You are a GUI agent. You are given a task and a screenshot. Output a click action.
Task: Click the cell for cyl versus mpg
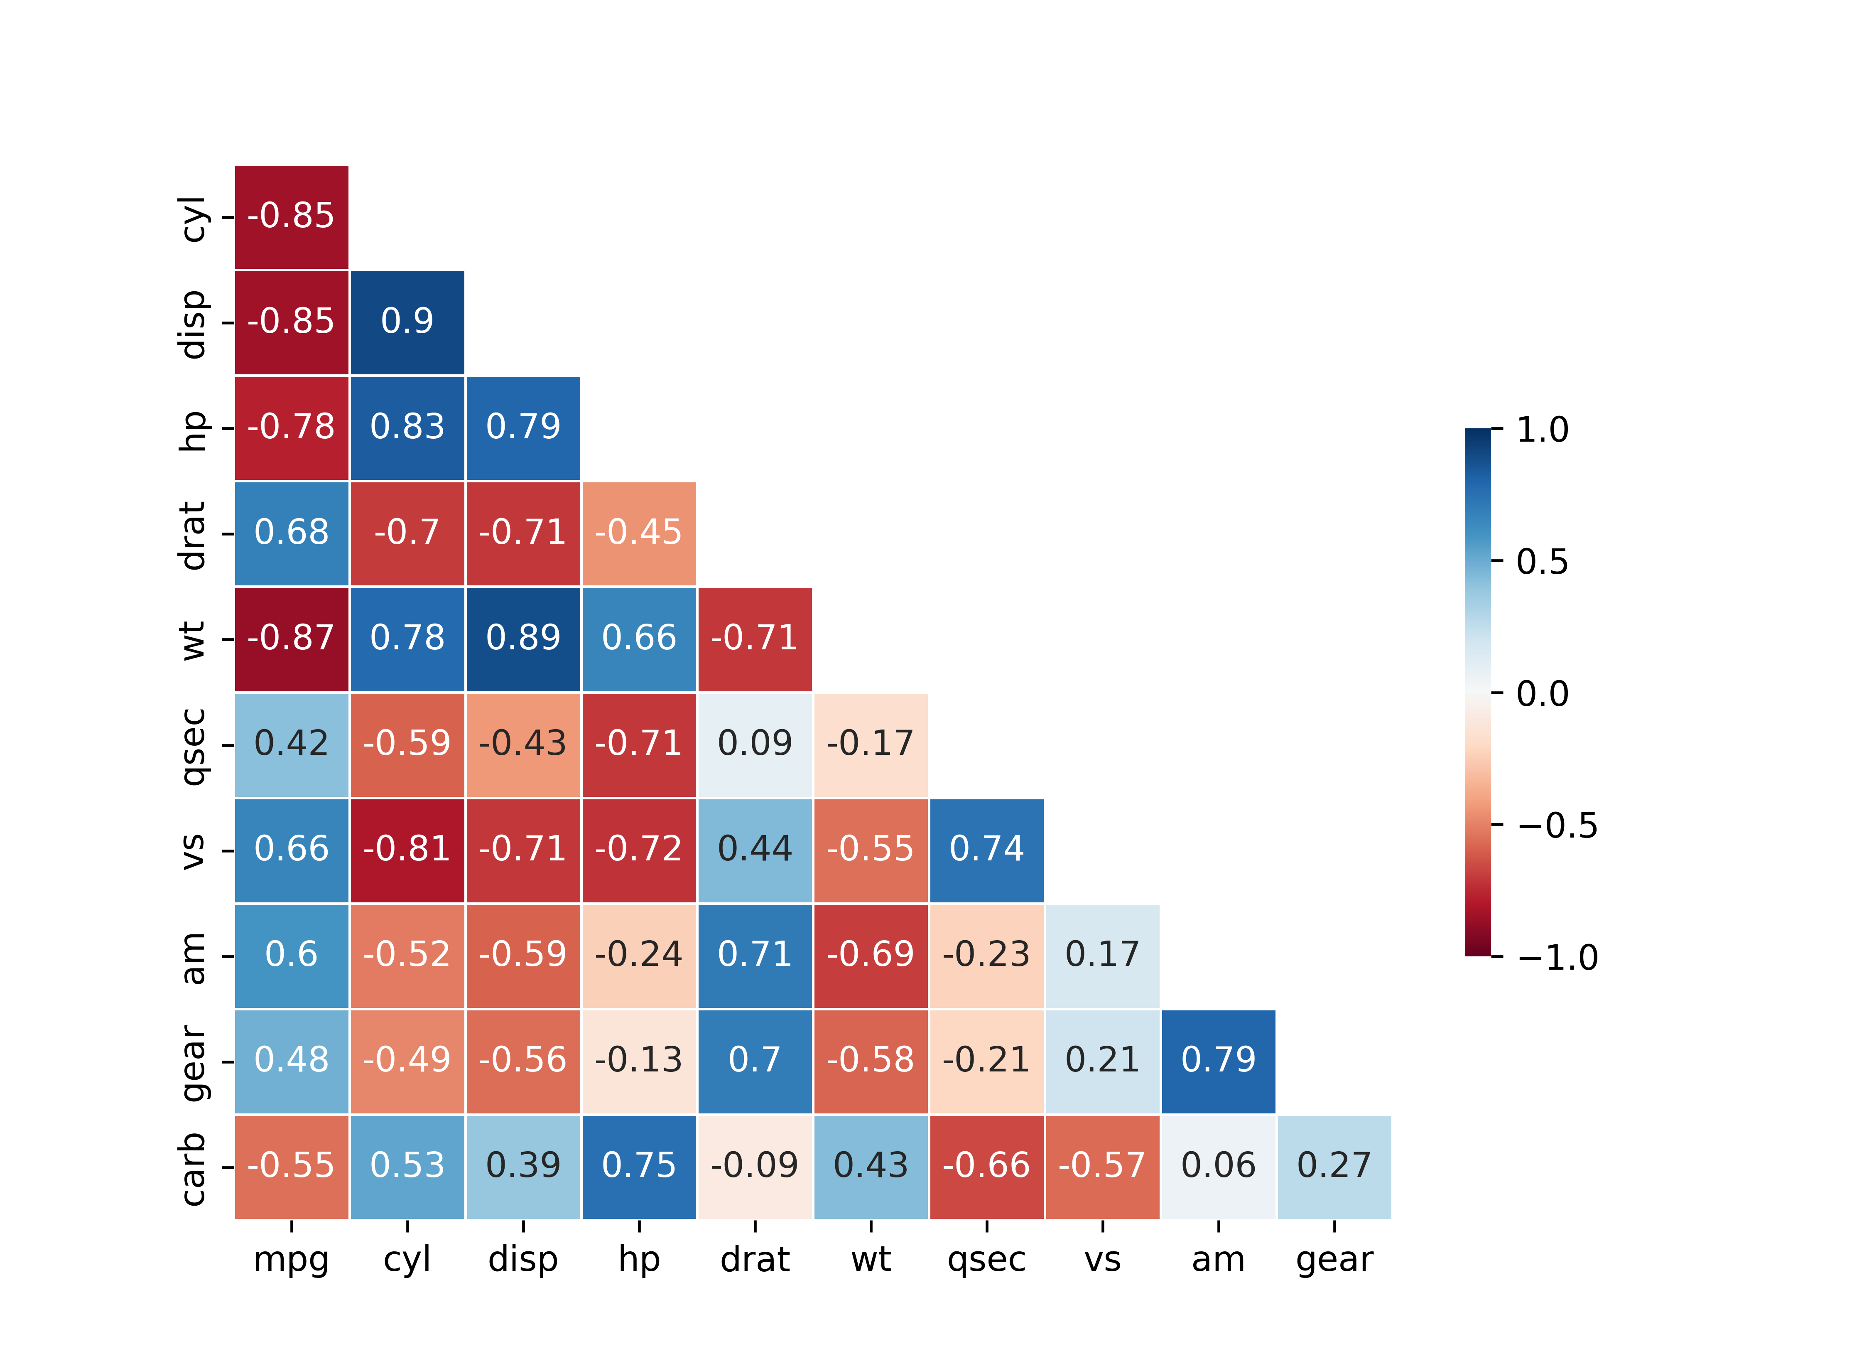click(x=291, y=216)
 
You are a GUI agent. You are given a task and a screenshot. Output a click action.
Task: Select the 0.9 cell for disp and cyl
click(x=407, y=322)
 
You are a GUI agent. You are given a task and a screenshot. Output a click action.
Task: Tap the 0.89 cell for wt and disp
click(x=522, y=638)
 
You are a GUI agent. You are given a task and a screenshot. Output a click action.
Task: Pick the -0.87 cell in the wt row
click(x=291, y=638)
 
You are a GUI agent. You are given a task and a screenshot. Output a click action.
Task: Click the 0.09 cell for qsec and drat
click(x=755, y=744)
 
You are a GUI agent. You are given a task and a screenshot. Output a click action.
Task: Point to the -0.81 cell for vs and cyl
click(x=407, y=849)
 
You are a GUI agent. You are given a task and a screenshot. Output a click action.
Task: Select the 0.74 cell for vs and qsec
click(x=986, y=849)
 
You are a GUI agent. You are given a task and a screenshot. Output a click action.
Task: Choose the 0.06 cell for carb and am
click(x=1218, y=1166)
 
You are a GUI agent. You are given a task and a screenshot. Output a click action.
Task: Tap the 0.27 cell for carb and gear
click(x=1334, y=1166)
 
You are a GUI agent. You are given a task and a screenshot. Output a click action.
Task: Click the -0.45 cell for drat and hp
click(x=639, y=533)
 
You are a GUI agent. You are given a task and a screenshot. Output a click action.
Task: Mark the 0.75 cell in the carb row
click(x=639, y=1166)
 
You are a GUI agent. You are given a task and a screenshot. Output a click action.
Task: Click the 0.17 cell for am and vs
click(x=1102, y=954)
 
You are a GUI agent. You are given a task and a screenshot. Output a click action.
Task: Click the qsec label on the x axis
click(x=986, y=1260)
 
